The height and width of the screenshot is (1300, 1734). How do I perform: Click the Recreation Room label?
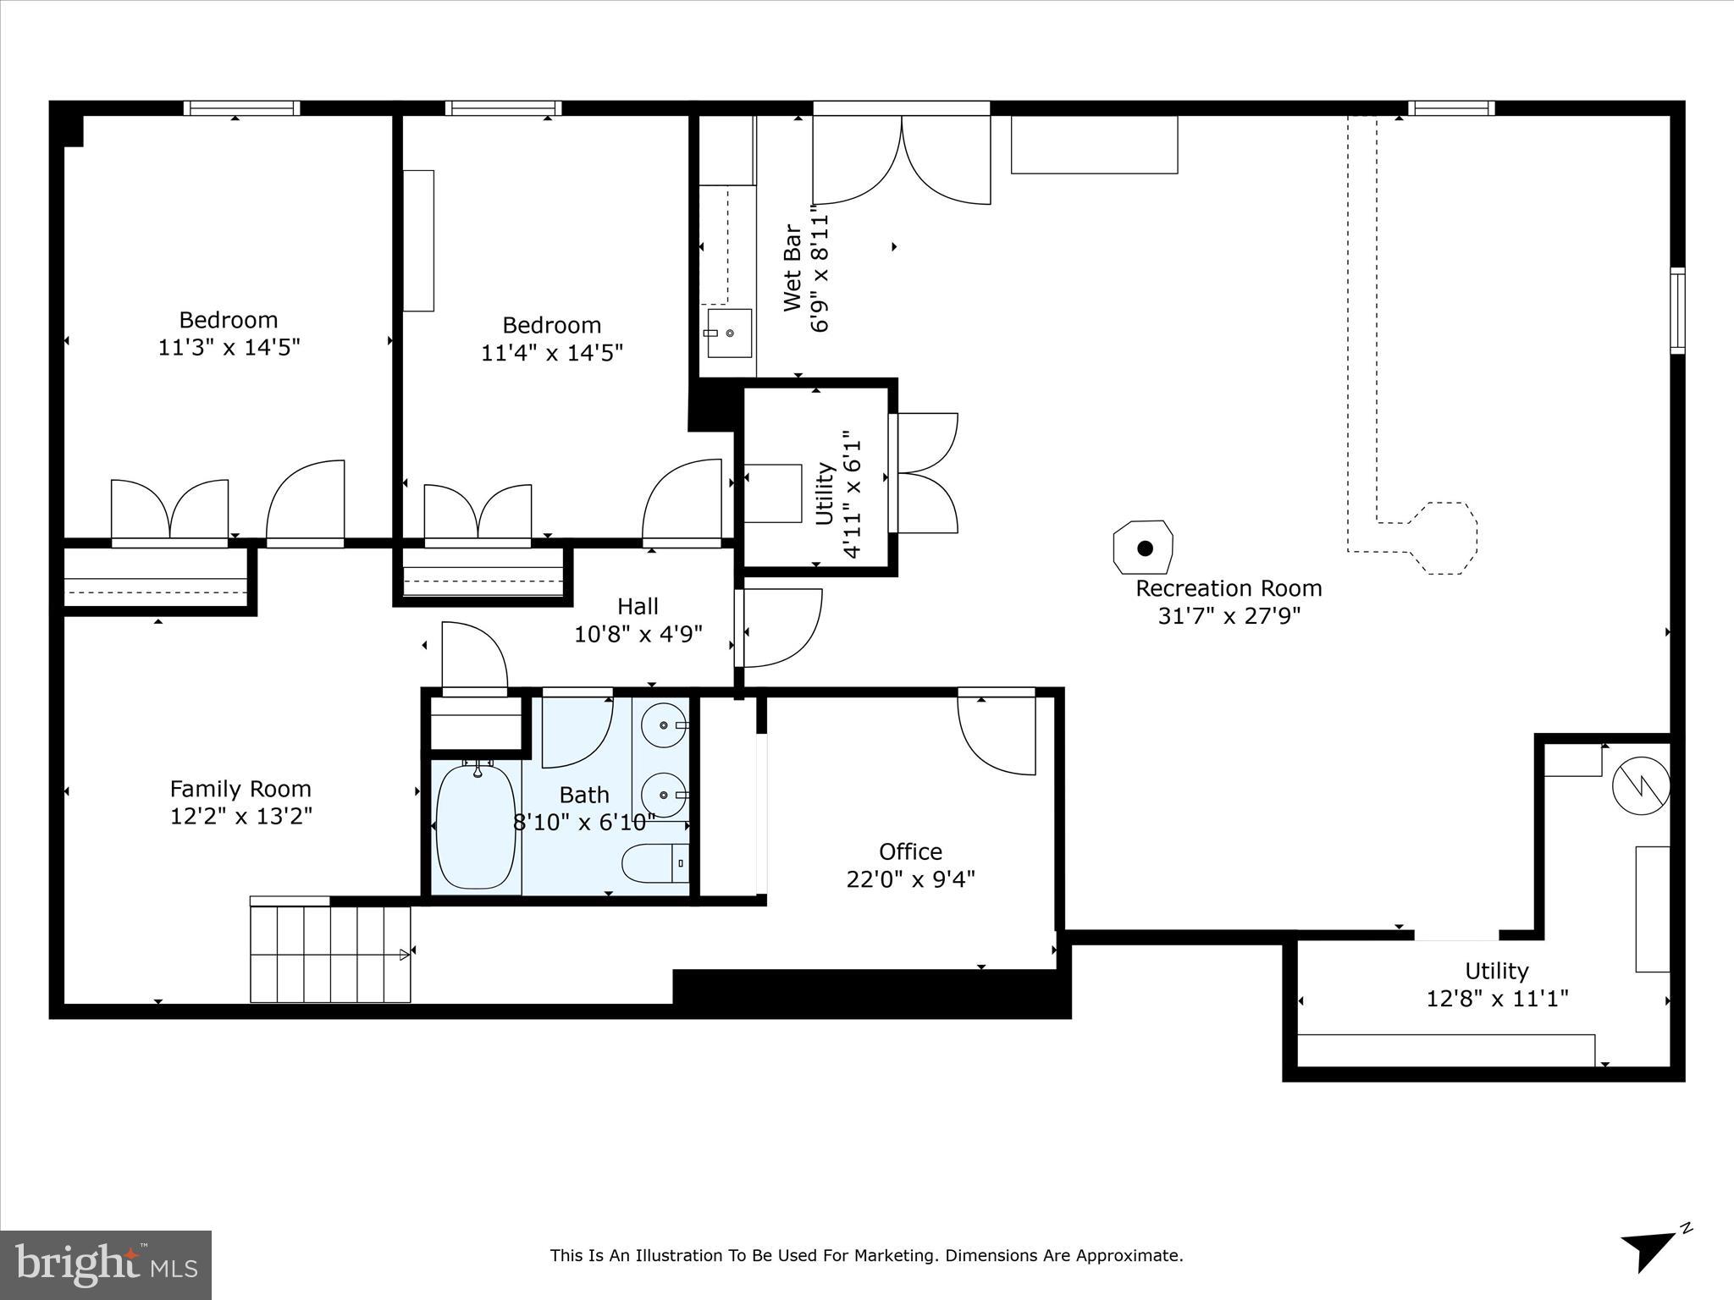(1228, 588)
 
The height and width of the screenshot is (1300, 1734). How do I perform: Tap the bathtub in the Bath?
(475, 825)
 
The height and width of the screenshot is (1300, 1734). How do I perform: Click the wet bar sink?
(729, 333)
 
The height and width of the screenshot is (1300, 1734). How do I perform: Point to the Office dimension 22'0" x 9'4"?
(910, 879)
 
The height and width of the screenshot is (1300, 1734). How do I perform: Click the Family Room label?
(240, 789)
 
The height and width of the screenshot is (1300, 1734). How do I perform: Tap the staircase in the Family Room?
(330, 954)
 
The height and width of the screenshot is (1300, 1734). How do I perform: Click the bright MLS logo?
(106, 1264)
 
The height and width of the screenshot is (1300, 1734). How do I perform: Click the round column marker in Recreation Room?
(1144, 548)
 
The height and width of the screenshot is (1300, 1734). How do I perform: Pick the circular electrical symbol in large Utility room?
(1640, 786)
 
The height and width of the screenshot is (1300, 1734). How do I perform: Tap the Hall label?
(638, 606)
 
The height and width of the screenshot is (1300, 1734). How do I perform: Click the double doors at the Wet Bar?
(902, 161)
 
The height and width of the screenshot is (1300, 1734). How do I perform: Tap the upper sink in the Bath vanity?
(663, 724)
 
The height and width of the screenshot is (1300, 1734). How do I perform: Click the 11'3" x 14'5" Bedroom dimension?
(229, 347)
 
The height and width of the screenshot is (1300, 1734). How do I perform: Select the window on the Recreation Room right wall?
(1676, 311)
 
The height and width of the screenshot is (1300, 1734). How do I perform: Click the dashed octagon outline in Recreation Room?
(1444, 538)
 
